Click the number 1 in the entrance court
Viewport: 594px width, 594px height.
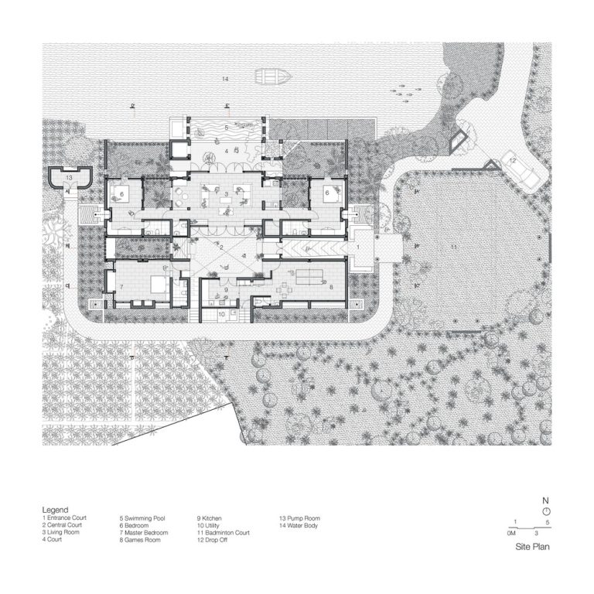358,245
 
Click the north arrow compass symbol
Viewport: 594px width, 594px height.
546,512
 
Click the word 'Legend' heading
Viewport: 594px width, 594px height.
55,510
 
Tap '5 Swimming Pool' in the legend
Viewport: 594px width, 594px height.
145,518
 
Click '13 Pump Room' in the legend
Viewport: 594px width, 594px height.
299,518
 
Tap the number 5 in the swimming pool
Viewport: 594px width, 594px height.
226,127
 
